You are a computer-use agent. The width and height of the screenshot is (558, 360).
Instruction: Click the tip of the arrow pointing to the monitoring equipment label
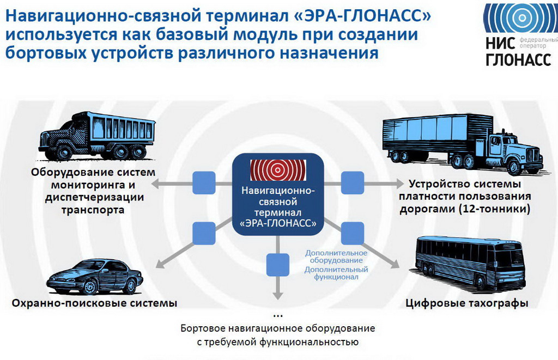pyautogui.click(x=151, y=184)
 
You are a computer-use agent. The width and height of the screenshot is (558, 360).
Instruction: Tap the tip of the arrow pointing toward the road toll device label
pyautogui.click(x=403, y=184)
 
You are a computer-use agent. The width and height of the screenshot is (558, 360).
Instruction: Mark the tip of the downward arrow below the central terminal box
pyautogui.click(x=277, y=299)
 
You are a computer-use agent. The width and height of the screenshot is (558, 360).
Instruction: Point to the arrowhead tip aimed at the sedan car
pyautogui.click(x=156, y=267)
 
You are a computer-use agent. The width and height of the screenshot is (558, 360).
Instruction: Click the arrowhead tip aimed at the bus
pyautogui.click(x=399, y=267)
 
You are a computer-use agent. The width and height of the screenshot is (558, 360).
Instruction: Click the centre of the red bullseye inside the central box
pyautogui.click(x=277, y=170)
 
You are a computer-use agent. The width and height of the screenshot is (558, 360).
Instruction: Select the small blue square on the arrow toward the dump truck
pyautogui.click(x=204, y=183)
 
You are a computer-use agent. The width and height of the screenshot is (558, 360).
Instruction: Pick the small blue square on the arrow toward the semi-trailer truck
pyautogui.click(x=353, y=183)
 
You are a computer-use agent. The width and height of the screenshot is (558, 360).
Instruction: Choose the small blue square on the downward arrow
pyautogui.click(x=278, y=265)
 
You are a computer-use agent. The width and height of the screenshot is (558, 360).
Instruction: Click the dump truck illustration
pyautogui.click(x=97, y=136)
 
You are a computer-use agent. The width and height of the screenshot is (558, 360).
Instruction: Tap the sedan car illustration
pyautogui.click(x=95, y=277)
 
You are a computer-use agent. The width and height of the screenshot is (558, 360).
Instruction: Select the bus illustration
pyautogui.click(x=470, y=262)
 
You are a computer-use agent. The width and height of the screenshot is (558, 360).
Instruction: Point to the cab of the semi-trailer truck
pyautogui.click(x=512, y=151)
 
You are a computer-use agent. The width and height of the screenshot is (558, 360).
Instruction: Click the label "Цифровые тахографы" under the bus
pyautogui.click(x=467, y=303)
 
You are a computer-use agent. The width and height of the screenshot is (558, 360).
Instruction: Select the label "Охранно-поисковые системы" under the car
pyautogui.click(x=94, y=303)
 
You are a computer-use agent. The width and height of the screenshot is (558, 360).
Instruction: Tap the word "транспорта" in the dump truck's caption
pyautogui.click(x=93, y=210)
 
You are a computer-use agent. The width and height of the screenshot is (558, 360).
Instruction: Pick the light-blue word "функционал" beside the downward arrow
pyautogui.click(x=336, y=277)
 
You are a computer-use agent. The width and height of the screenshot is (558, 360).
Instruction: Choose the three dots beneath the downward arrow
pyautogui.click(x=277, y=316)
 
